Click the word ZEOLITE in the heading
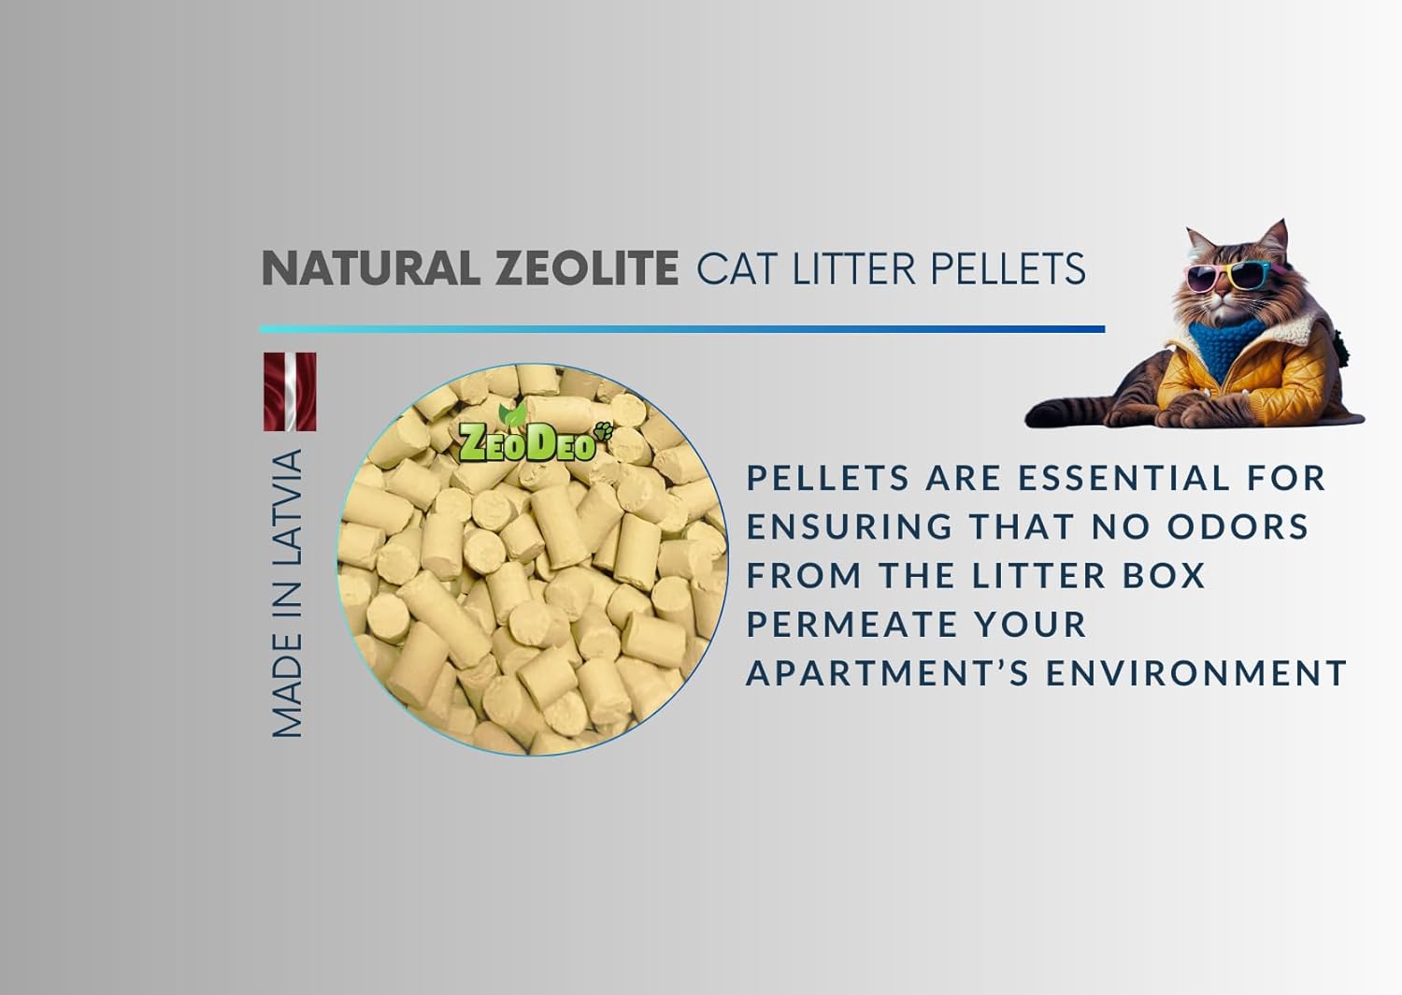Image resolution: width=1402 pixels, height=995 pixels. tap(586, 268)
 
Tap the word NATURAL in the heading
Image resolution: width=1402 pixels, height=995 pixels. tap(370, 268)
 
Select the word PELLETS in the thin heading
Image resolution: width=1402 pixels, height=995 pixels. tap(1008, 268)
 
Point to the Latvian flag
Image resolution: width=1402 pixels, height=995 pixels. tap(290, 392)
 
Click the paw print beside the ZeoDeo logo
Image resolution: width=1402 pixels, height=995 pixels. tap(604, 430)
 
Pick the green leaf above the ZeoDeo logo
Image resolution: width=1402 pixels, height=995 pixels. tap(512, 414)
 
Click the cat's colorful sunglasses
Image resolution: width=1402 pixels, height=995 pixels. tap(1226, 276)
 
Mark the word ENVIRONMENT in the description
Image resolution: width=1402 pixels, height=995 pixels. tap(1196, 673)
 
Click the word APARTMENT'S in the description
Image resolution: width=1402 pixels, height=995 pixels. tap(888, 673)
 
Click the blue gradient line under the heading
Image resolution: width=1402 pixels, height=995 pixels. tap(682, 329)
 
